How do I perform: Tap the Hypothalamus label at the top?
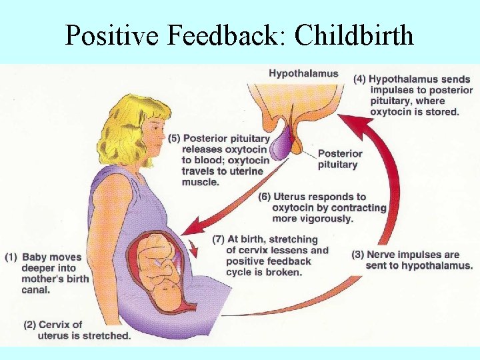(x=303, y=73)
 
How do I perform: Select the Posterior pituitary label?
(x=340, y=159)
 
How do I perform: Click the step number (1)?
(x=11, y=257)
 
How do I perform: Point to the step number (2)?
(x=29, y=325)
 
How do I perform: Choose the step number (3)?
(x=357, y=254)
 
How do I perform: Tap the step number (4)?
(x=359, y=79)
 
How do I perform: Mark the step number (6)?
(x=265, y=197)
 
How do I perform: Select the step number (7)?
(x=218, y=239)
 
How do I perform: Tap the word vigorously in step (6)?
(x=327, y=219)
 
